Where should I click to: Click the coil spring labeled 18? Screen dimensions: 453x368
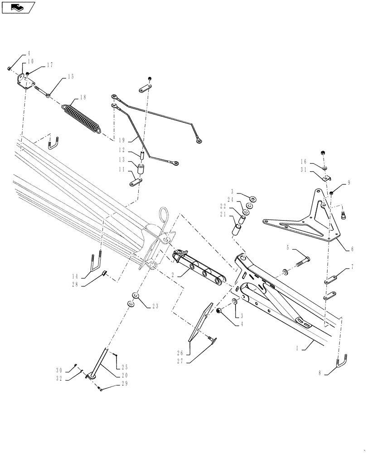[x=81, y=119]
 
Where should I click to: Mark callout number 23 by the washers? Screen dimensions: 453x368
[x=155, y=306]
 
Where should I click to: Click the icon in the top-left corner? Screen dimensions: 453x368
[x=18, y=7]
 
